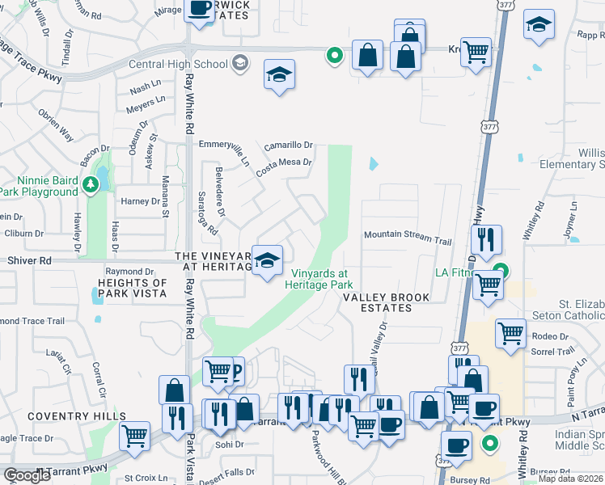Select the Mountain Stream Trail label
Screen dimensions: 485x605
tap(407, 241)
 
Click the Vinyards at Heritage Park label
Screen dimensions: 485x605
tap(322, 279)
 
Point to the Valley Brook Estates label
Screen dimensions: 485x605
tap(377, 302)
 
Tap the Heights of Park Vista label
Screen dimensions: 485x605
tap(133, 288)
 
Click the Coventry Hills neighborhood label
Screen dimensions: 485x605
tap(65, 416)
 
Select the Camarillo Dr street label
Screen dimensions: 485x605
tap(289, 145)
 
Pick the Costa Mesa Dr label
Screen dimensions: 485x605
tap(284, 167)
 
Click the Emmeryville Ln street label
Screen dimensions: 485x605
tap(224, 144)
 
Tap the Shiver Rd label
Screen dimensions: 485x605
tap(29, 260)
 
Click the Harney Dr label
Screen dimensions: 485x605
tap(140, 201)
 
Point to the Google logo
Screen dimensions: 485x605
tap(27, 475)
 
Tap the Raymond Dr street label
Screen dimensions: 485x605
tap(129, 272)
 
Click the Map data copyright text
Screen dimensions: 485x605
tap(570, 479)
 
